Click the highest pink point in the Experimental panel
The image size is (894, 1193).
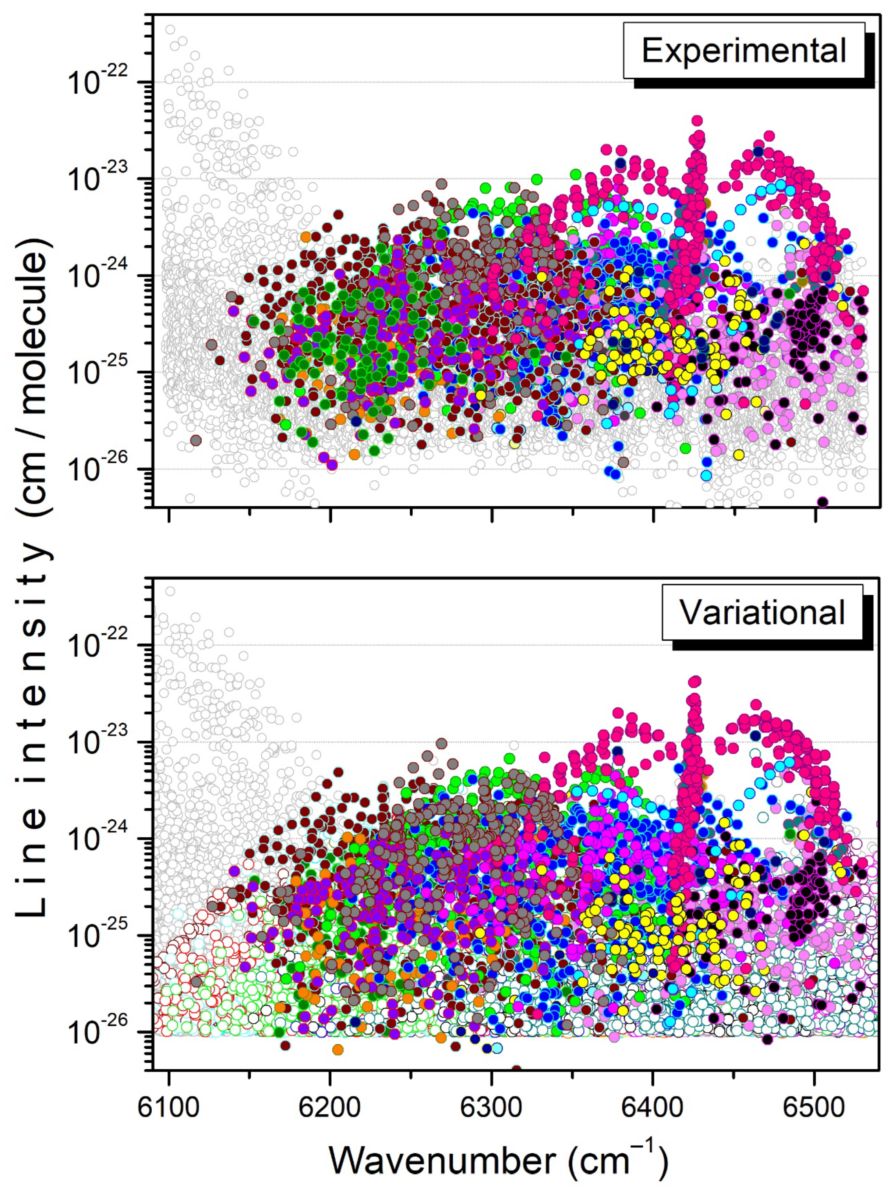[x=697, y=120]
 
